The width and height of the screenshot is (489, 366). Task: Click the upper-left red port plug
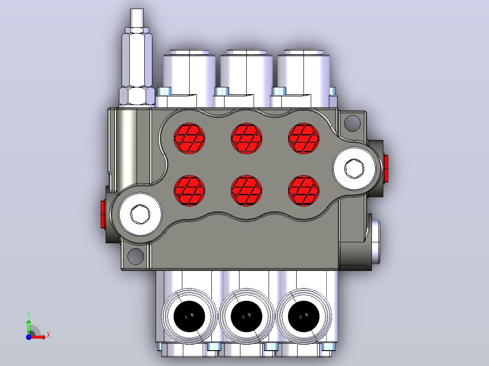tap(189, 138)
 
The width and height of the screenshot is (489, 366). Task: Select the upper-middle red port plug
tap(246, 138)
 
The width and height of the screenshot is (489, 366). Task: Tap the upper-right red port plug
tap(303, 138)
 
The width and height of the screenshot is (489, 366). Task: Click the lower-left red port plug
tap(189, 191)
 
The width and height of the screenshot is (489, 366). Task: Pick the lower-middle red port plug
tap(246, 191)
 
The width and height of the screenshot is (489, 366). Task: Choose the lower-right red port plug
tap(303, 191)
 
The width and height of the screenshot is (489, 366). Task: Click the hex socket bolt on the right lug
tap(354, 169)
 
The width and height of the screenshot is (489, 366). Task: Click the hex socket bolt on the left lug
tap(140, 214)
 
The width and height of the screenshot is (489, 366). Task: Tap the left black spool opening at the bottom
tap(189, 316)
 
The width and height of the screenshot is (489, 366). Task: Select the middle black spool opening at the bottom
tap(246, 316)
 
